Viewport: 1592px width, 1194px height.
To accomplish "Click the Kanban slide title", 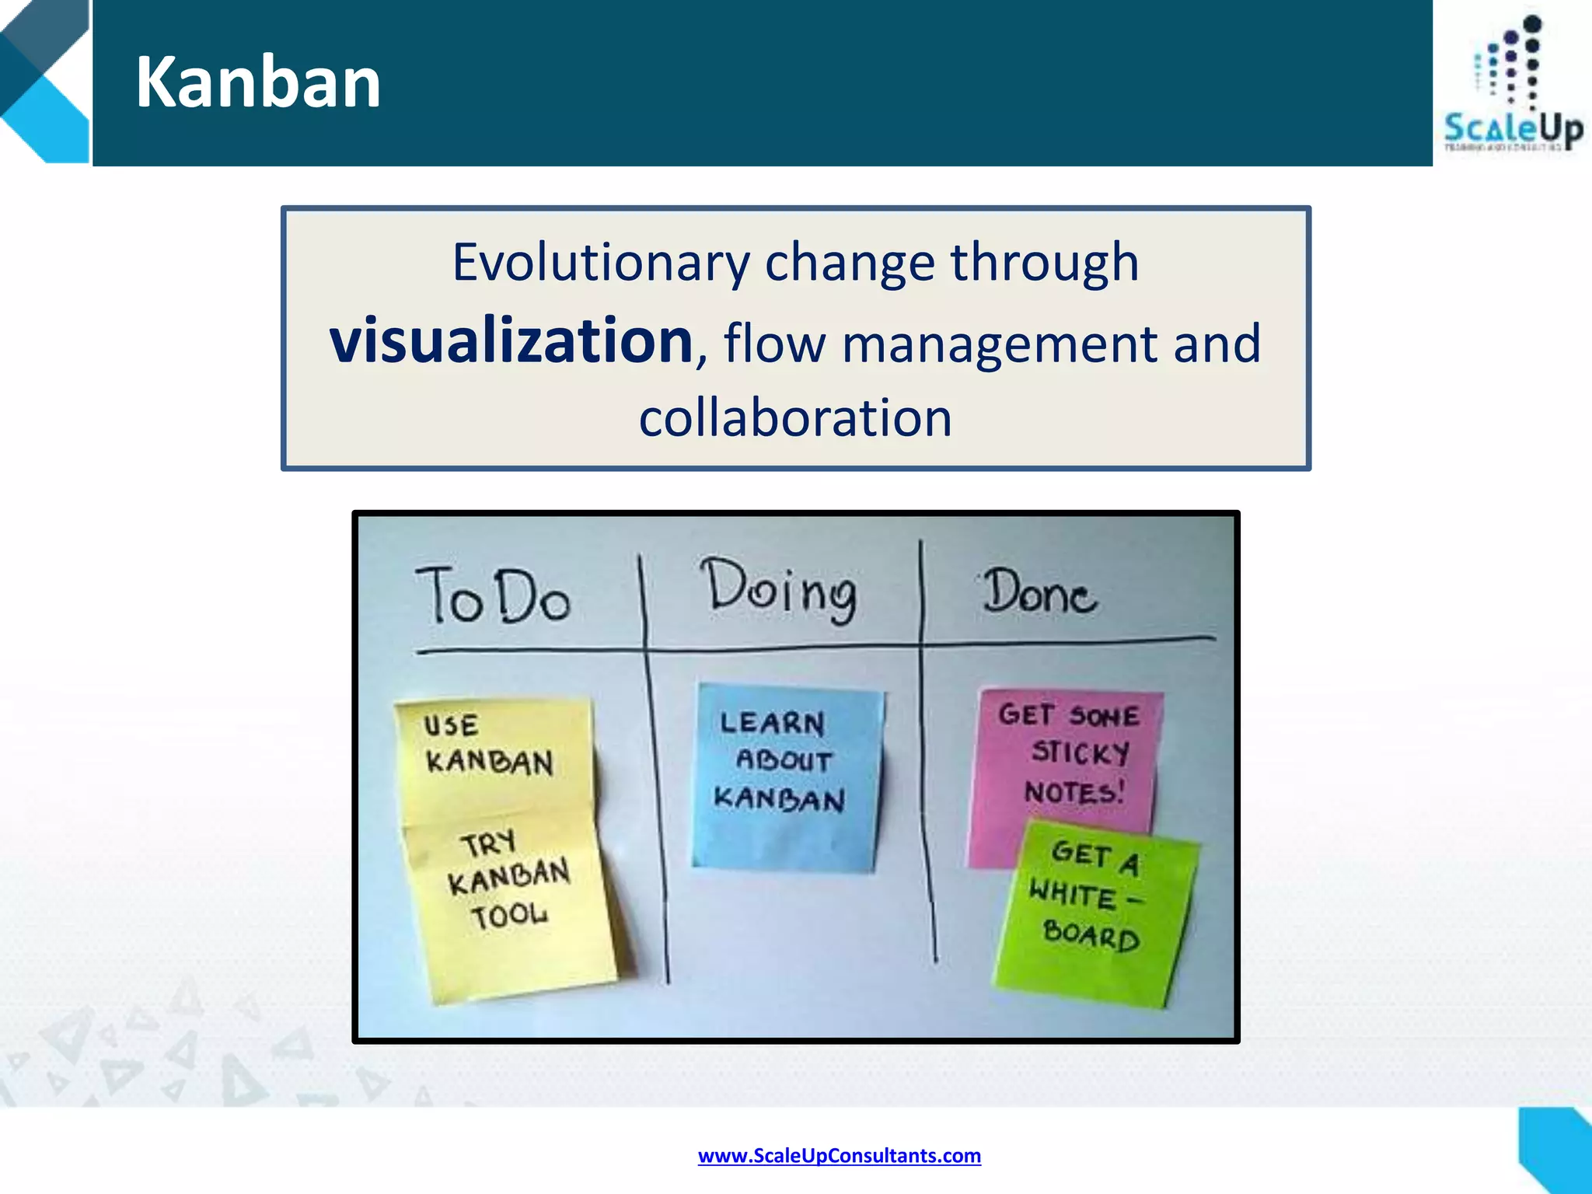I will pyautogui.click(x=257, y=82).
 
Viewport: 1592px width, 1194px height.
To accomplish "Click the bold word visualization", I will pyautogui.click(x=511, y=340).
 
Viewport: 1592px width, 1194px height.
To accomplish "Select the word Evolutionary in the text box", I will pyautogui.click(x=601, y=262).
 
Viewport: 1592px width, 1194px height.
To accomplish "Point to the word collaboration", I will pyautogui.click(x=795, y=417).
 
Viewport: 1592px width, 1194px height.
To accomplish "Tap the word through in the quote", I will pyautogui.click(x=1045, y=262).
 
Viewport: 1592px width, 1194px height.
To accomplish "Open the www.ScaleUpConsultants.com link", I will pyautogui.click(x=839, y=1155).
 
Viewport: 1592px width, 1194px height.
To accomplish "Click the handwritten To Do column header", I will pyautogui.click(x=493, y=597).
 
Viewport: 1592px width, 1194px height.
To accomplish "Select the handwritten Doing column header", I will pyautogui.click(x=779, y=591).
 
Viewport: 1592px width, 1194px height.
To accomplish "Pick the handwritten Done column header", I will pyautogui.click(x=1039, y=593).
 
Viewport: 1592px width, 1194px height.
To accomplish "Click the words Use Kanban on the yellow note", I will pyautogui.click(x=488, y=745).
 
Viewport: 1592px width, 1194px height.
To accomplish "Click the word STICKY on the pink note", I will pyautogui.click(x=1080, y=752).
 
